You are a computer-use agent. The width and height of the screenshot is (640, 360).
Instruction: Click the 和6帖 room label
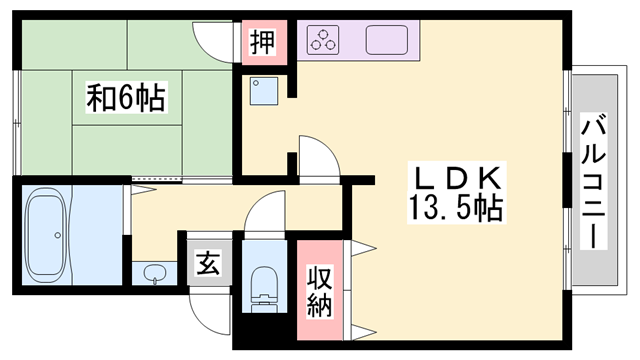125,97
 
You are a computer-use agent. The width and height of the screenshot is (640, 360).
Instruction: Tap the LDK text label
457,177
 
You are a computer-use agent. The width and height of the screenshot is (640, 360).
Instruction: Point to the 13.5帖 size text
455,209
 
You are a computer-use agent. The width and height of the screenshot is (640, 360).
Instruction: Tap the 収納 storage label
319,291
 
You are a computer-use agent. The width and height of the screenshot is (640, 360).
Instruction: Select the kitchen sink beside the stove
388,41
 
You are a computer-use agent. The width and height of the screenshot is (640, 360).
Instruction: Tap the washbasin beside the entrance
155,273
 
